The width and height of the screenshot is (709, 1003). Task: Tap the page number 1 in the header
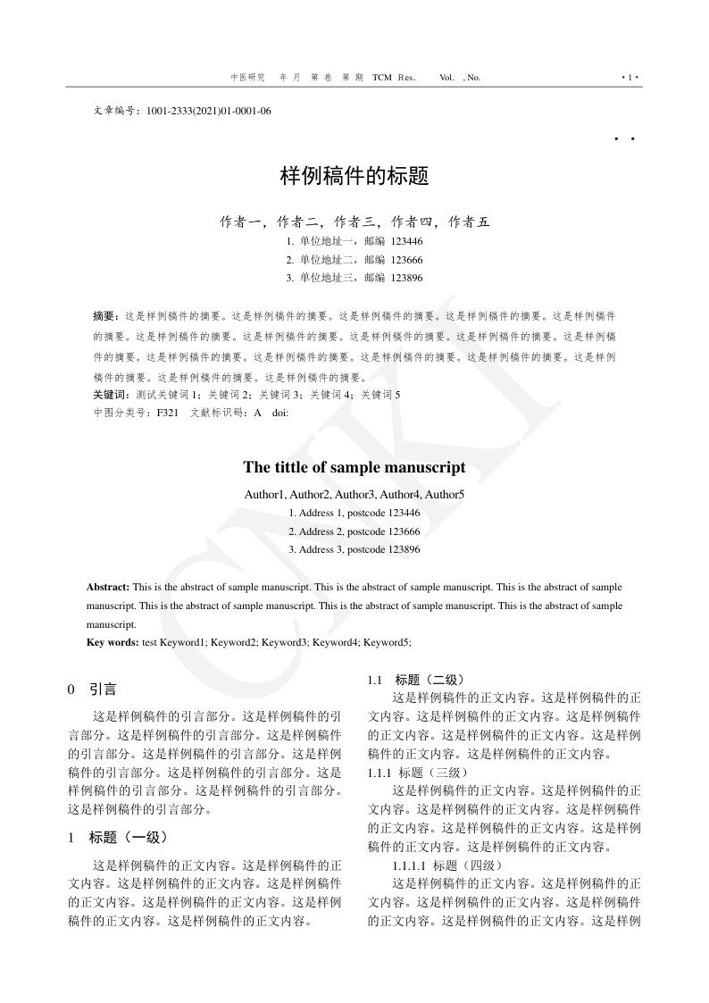630,78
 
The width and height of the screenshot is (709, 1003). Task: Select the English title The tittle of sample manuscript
354,467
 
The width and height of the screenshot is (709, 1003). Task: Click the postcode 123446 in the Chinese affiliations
406,241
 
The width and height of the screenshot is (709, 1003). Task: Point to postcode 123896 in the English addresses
404,549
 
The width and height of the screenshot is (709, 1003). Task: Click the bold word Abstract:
108,588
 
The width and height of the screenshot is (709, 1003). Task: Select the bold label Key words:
113,642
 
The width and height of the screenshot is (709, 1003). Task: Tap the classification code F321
168,413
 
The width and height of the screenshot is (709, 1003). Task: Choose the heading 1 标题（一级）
118,837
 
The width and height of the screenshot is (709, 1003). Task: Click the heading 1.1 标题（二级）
415,680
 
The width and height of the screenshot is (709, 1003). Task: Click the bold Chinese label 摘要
105,316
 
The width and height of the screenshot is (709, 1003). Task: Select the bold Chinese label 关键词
110,394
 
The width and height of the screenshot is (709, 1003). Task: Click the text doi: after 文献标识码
280,413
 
